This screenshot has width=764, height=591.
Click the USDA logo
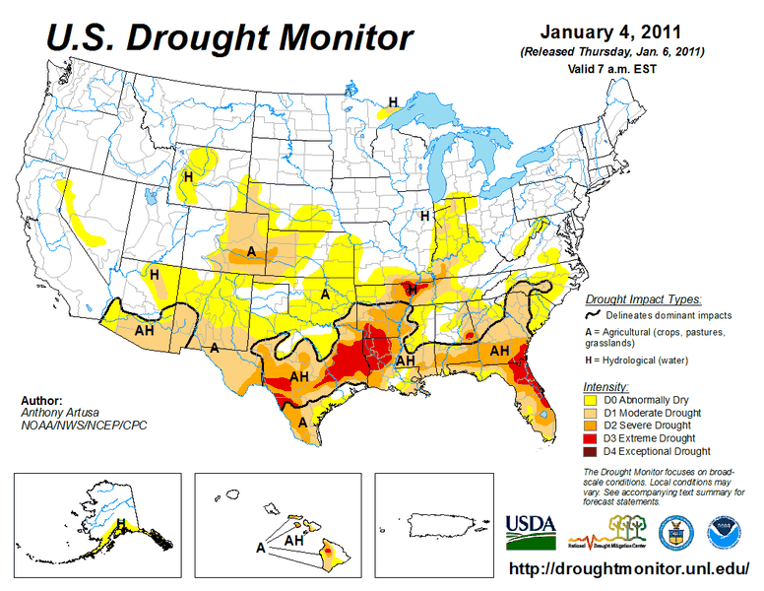(531, 533)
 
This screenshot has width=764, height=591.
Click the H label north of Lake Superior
(392, 101)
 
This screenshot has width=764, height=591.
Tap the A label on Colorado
(251, 252)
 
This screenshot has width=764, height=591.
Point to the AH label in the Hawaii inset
(293, 541)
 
